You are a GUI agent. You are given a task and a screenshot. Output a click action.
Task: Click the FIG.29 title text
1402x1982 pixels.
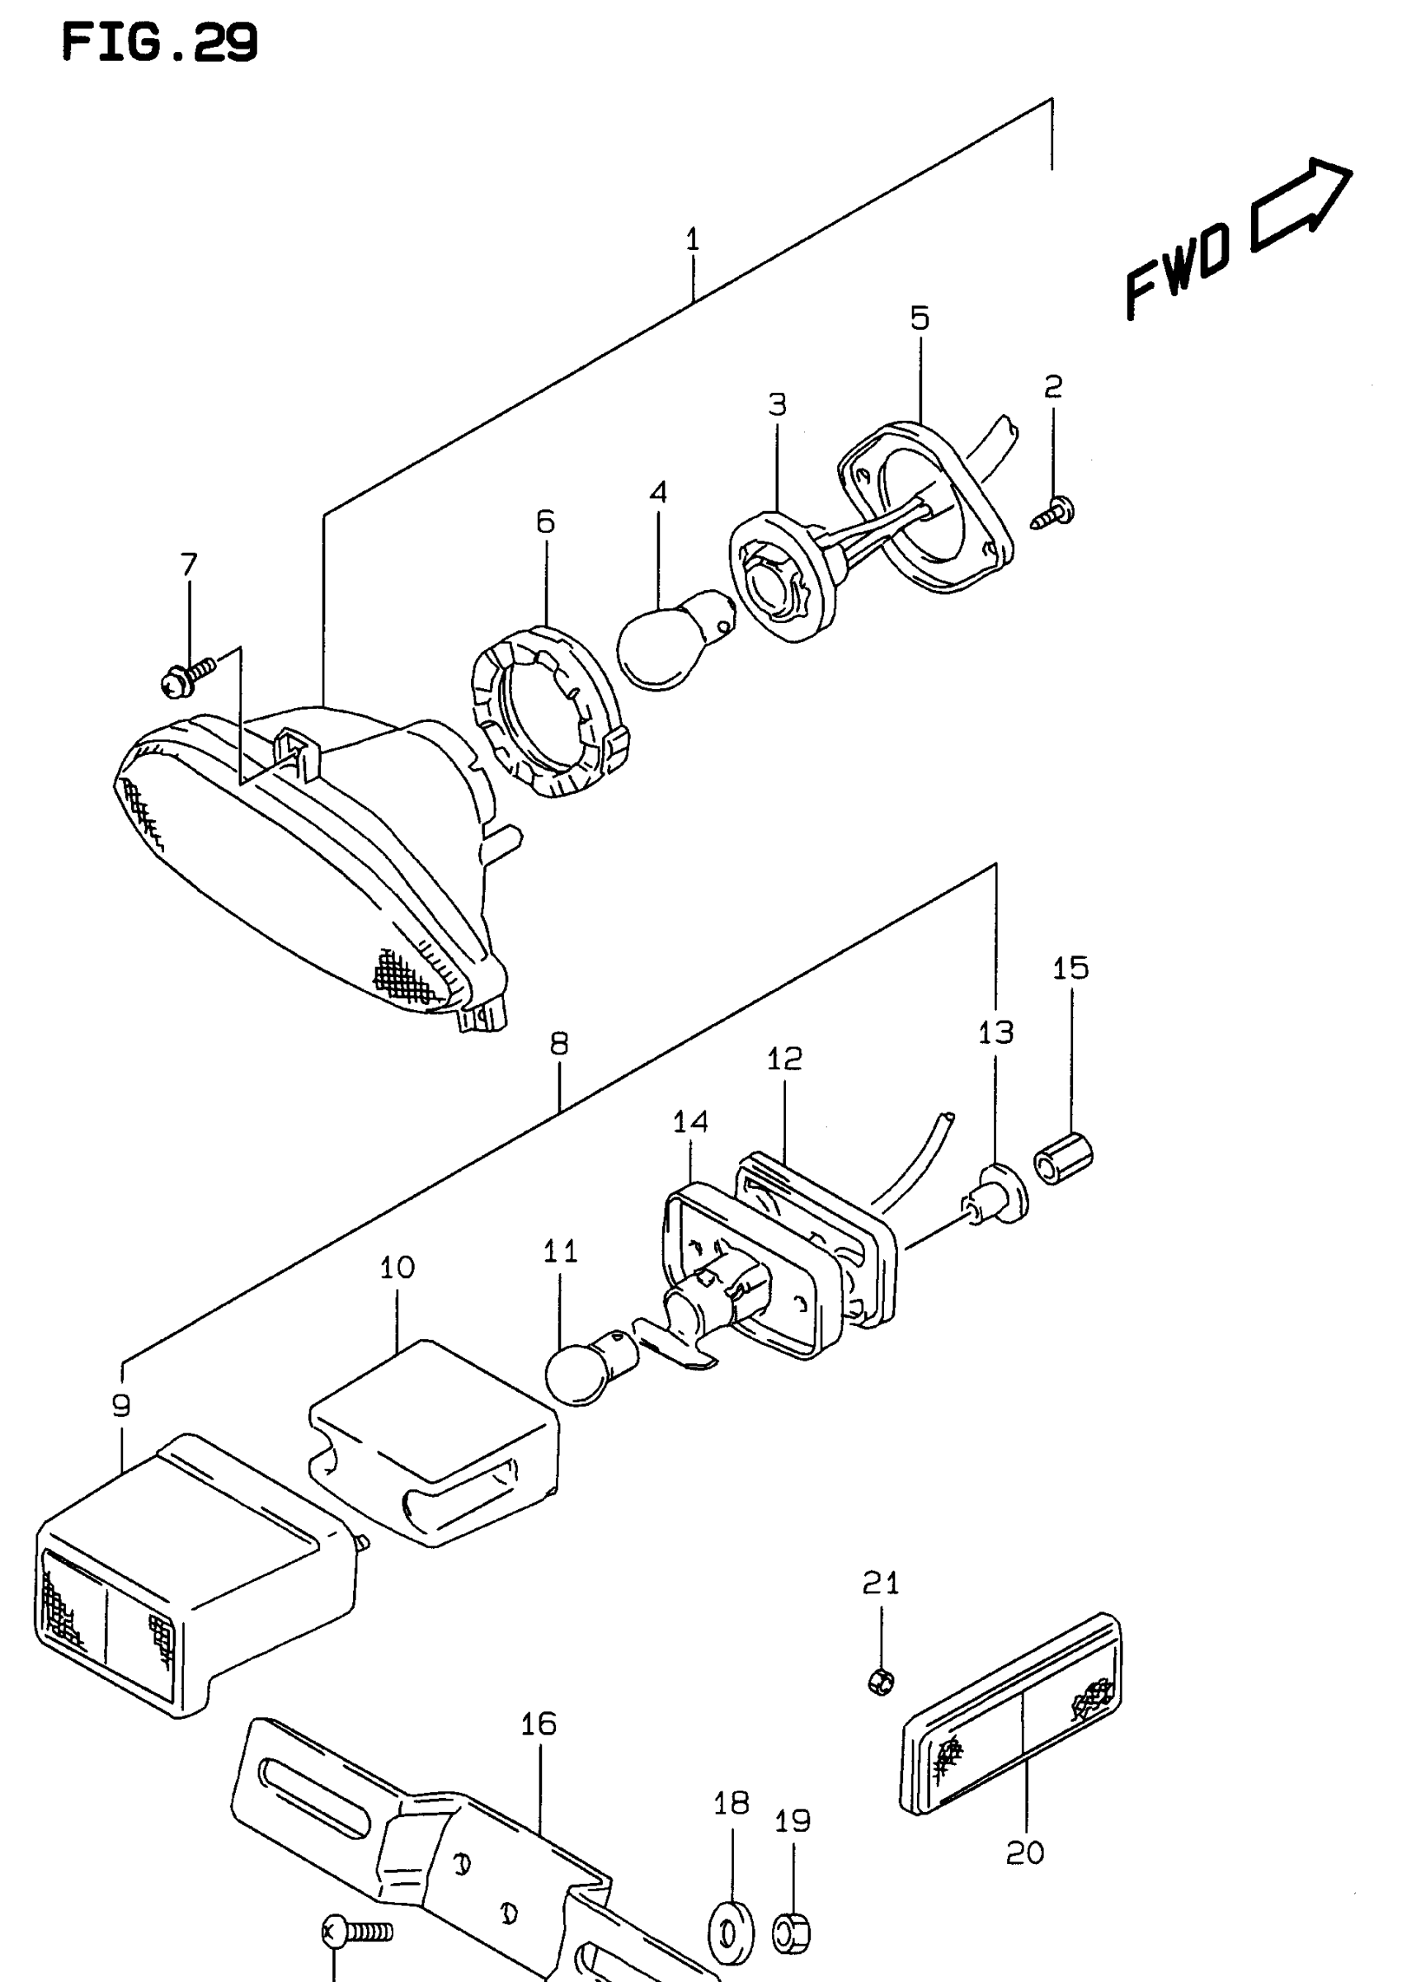(161, 42)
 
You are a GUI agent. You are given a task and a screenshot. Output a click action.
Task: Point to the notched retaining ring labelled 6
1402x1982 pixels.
(549, 711)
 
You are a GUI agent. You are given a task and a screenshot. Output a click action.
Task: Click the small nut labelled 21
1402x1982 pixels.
(881, 1680)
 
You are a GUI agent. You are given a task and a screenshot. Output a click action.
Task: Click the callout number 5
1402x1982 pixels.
(920, 319)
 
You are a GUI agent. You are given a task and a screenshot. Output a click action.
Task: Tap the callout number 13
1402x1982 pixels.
(995, 1032)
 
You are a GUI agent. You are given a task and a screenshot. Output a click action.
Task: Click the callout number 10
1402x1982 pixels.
(398, 1267)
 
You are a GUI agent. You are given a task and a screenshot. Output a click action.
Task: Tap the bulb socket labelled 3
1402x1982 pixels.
(781, 575)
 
